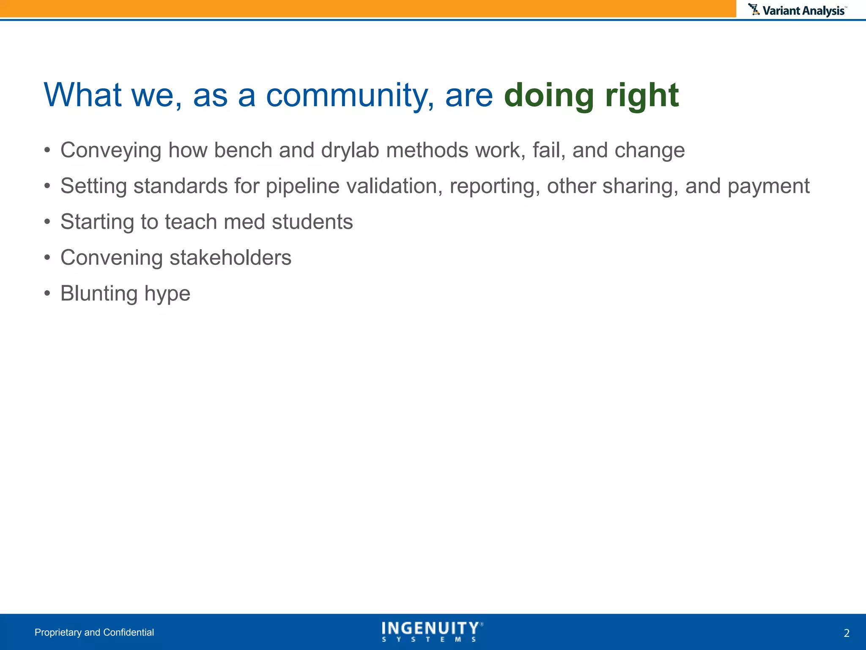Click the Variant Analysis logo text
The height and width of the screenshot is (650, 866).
(803, 11)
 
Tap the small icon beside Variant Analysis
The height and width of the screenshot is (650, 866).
(754, 9)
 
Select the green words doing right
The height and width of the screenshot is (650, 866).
(591, 95)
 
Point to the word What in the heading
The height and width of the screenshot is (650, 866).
(83, 95)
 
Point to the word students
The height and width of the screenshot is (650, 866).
(312, 222)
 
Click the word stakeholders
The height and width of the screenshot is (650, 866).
(230, 258)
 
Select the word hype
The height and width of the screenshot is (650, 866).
(167, 294)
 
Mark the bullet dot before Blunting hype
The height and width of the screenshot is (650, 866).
(47, 293)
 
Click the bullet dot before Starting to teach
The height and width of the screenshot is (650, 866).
(47, 222)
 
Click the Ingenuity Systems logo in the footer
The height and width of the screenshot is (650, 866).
(432, 631)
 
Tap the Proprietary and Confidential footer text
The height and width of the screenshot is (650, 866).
(94, 632)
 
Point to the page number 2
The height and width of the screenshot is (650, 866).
(846, 633)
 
